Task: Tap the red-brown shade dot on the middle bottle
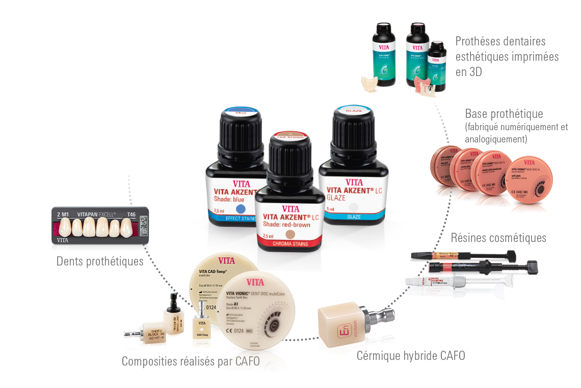(290, 234)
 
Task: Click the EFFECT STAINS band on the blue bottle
(232, 220)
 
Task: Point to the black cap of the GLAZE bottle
(352, 133)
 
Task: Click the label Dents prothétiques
(100, 261)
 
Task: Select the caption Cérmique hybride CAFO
(411, 355)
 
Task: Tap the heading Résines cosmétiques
(498, 237)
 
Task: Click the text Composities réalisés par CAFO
(191, 361)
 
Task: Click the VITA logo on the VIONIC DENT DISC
(255, 282)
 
